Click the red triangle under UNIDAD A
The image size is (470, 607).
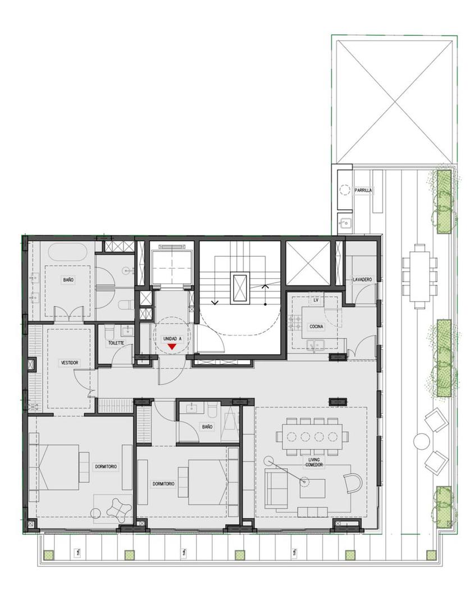pos(172,347)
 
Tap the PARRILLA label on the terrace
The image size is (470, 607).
pos(363,191)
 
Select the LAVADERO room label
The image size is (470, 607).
pos(363,279)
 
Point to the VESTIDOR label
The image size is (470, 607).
pos(70,363)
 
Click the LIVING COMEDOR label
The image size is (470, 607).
pos(313,462)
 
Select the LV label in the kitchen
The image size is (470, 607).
pos(316,301)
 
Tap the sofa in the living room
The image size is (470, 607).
pos(275,488)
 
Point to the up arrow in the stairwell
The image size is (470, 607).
pos(265,287)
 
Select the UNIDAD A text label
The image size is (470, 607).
pos(172,339)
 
